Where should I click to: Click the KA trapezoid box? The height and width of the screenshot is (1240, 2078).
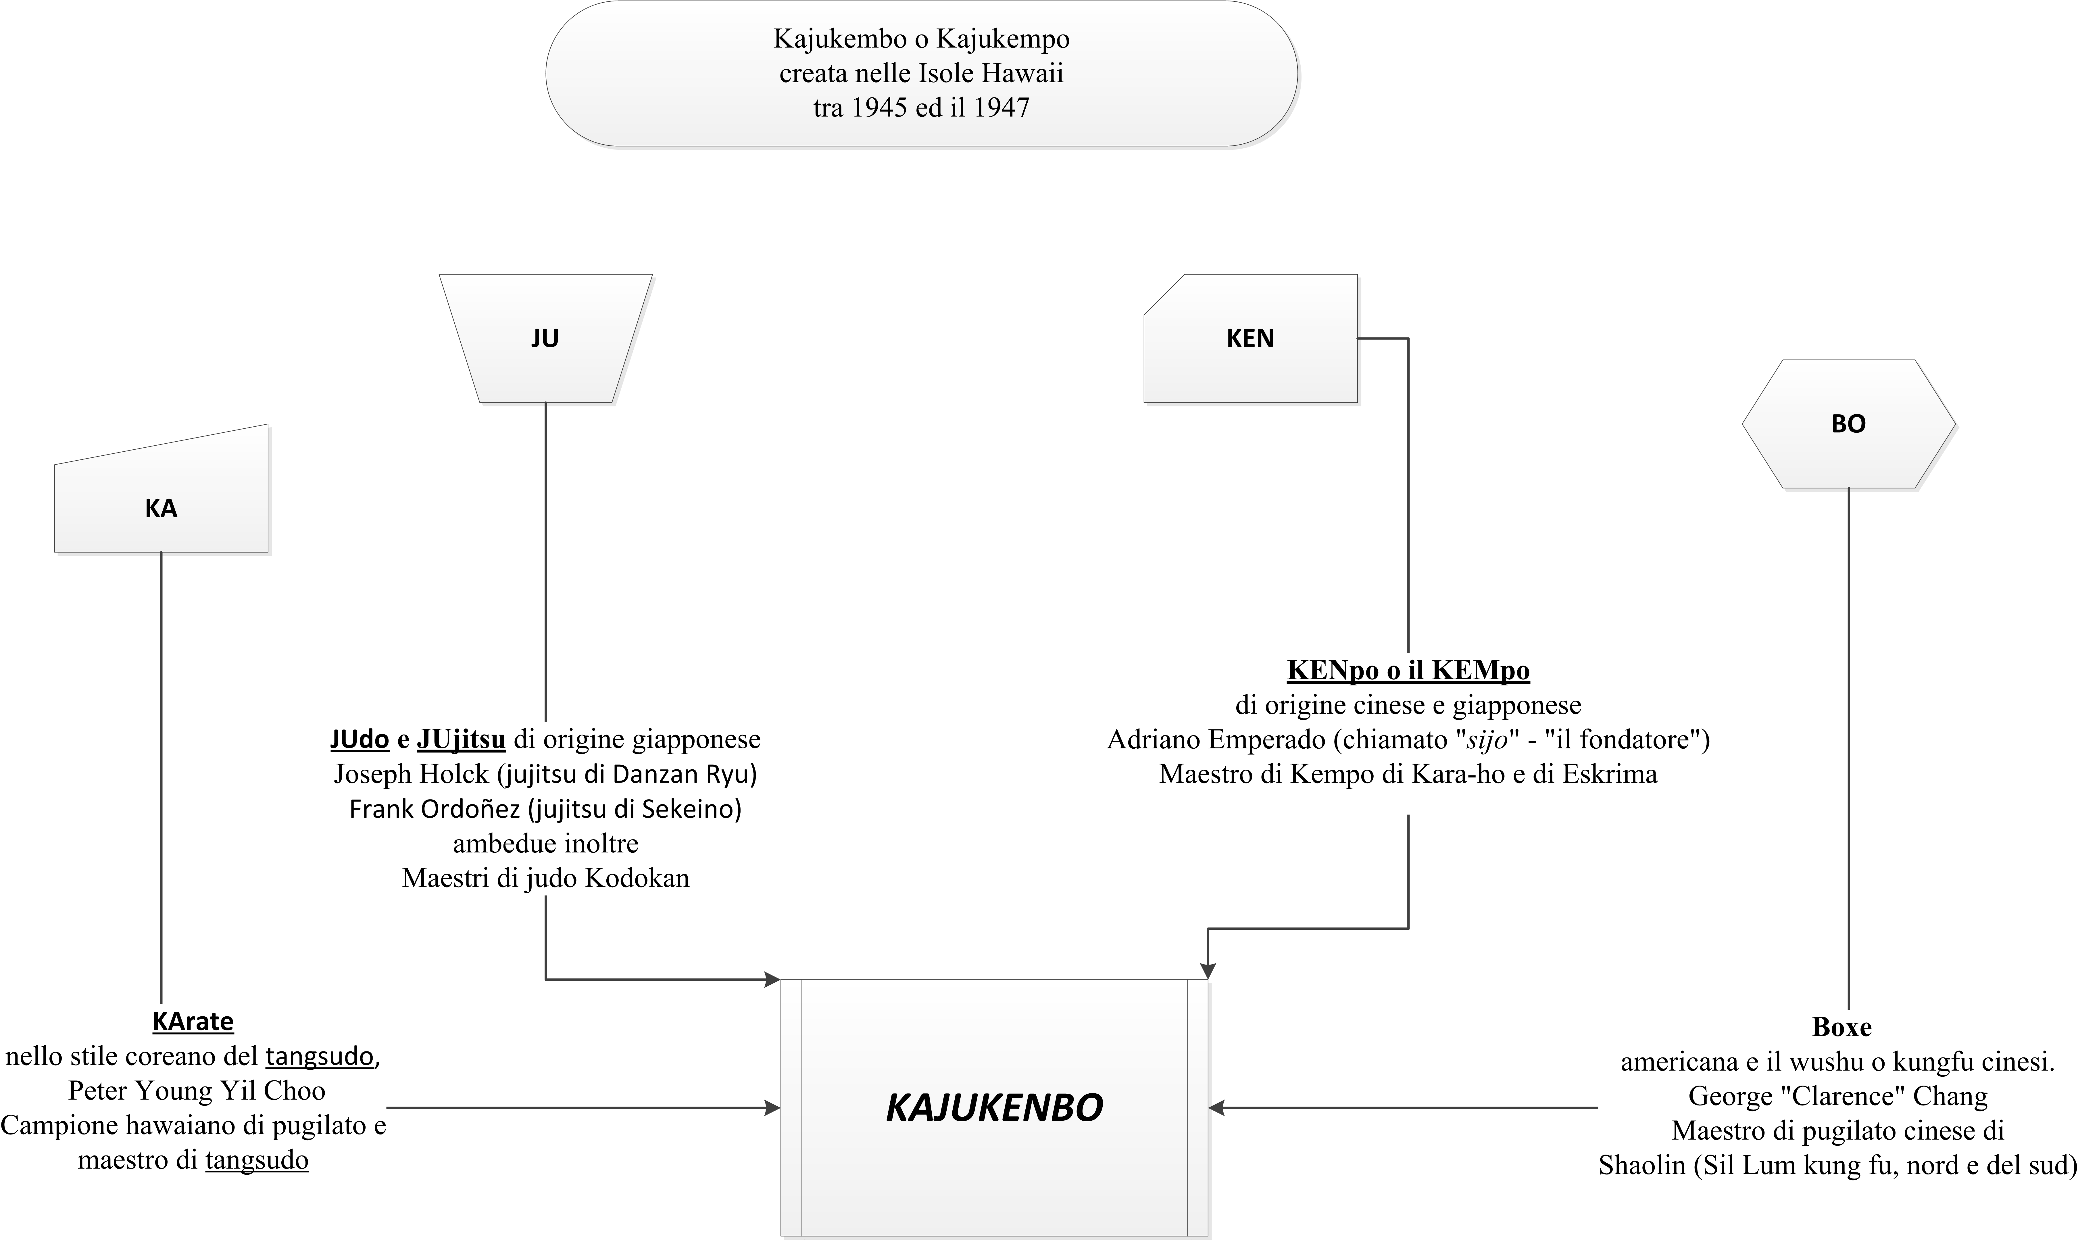tap(161, 489)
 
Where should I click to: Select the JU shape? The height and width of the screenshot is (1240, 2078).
tap(545, 338)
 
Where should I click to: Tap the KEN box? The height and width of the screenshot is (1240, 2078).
tap(1250, 338)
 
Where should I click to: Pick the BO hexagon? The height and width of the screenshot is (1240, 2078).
tap(1848, 424)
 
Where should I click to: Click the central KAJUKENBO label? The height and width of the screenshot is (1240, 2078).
tap(994, 1108)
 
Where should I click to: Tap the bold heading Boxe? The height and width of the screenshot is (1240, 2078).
tap(1842, 1027)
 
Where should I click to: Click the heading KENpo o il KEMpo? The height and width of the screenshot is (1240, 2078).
tap(1408, 670)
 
